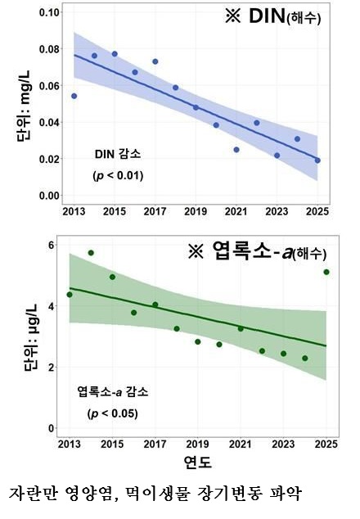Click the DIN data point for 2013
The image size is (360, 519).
74,96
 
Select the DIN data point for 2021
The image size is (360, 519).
236,150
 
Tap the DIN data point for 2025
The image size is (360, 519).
317,160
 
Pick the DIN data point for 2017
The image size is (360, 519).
155,61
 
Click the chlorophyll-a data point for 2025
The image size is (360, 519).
326,272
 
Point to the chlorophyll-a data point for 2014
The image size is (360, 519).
91,253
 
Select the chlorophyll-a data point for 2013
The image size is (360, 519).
70,295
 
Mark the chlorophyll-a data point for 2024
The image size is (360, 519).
304,359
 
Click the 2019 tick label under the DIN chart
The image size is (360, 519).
196,211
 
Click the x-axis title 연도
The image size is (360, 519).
197,463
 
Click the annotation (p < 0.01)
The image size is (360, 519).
115,175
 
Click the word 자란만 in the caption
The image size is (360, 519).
32,495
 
